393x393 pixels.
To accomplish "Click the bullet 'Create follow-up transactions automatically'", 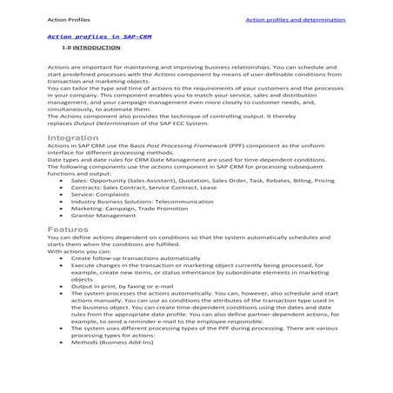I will (135, 258).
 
